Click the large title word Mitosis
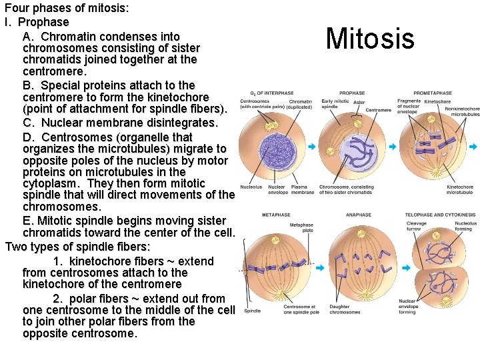coord(370,39)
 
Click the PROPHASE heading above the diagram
coord(352,93)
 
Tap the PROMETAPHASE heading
coord(432,93)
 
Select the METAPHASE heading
coord(275,215)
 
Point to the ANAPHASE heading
coord(359,215)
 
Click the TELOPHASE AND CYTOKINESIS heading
coord(441,215)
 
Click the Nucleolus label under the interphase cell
coord(251,187)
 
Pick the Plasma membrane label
coord(303,190)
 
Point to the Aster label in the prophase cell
coord(359,102)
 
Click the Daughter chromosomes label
coord(344,310)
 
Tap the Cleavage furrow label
coord(416,226)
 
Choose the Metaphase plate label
coord(301,228)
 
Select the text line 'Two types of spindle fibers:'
coord(78,247)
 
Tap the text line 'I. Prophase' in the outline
coord(37,22)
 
